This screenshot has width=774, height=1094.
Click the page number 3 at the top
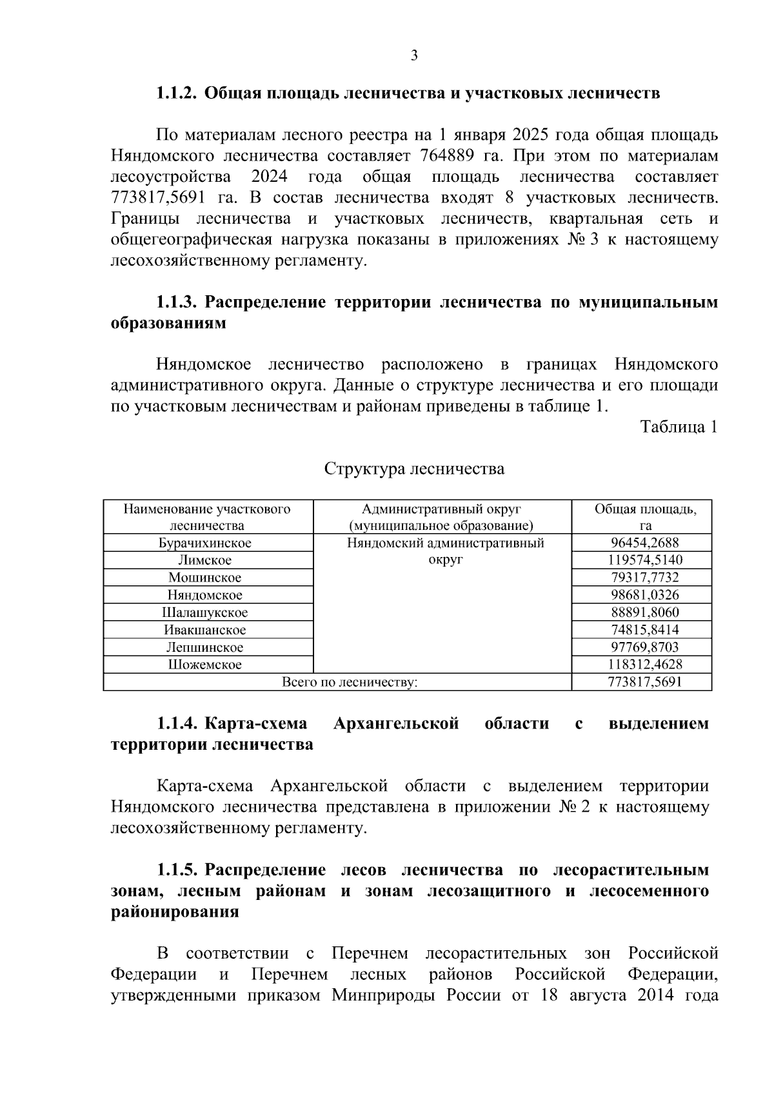point(414,55)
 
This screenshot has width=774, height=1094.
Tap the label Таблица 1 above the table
point(679,427)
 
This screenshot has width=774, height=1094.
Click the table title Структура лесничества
point(414,469)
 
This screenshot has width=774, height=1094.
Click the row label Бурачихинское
point(205,543)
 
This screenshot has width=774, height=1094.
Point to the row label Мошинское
point(205,578)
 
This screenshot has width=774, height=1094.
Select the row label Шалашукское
point(205,612)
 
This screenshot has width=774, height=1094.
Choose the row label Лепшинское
point(205,647)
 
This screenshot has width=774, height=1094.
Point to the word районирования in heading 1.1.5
point(175,912)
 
